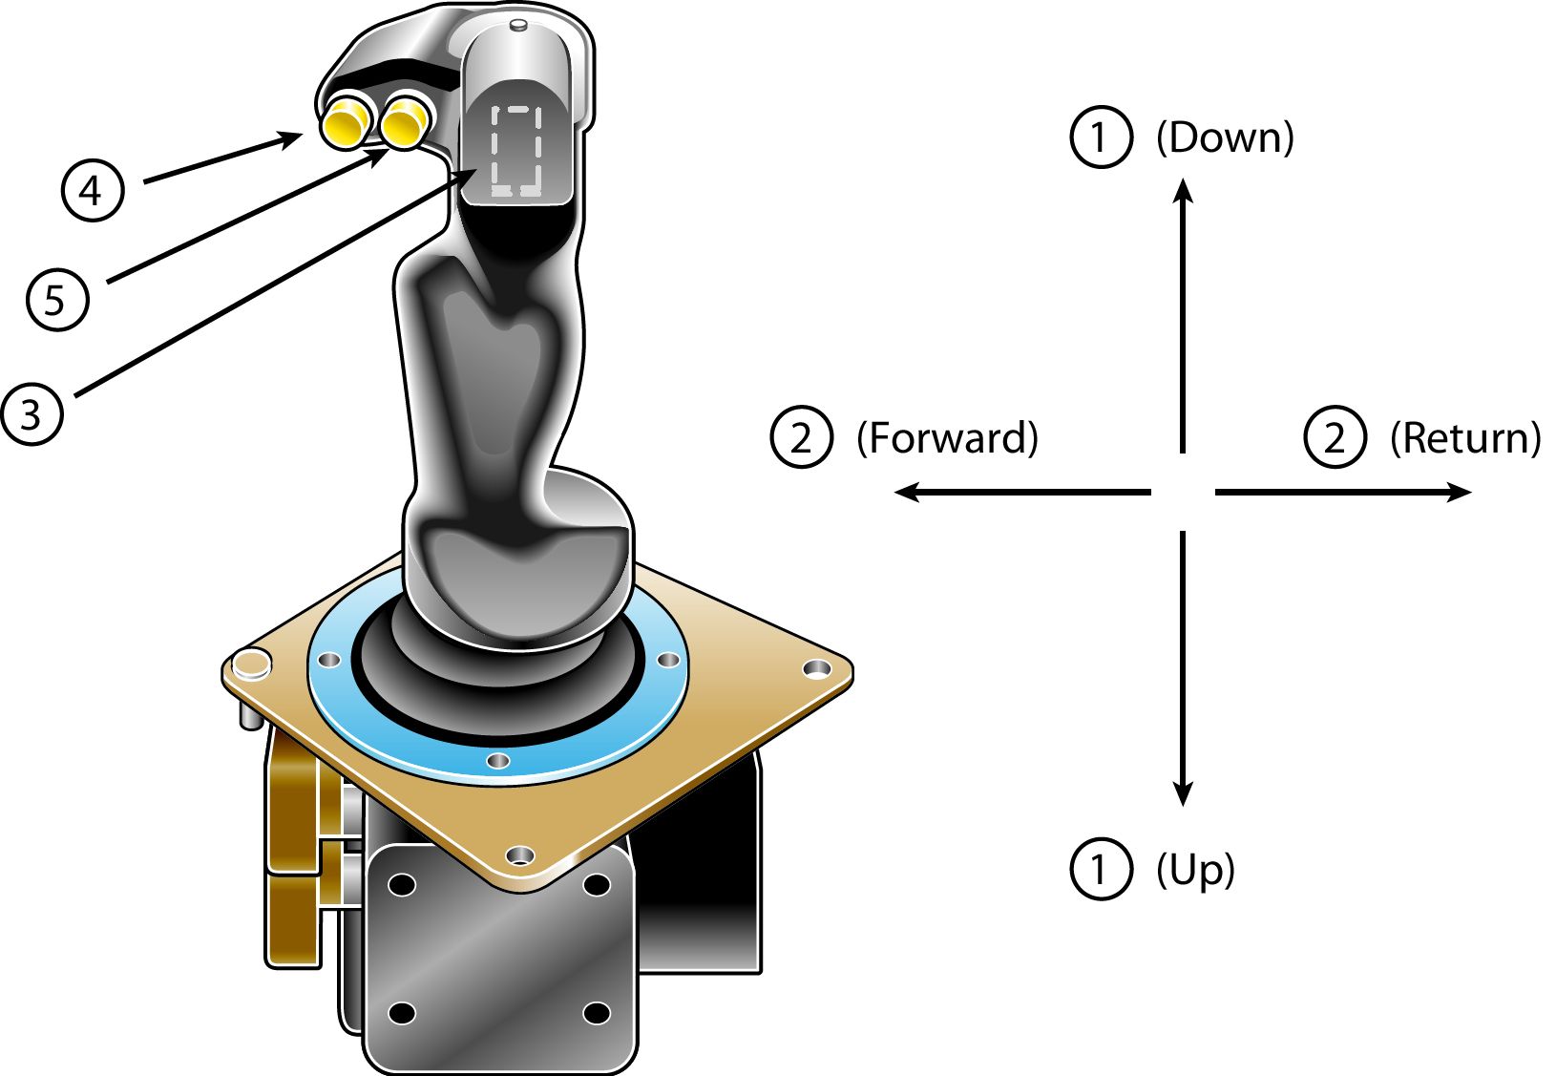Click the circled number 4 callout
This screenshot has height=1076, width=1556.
tap(93, 190)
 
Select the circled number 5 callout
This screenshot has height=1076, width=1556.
tap(57, 300)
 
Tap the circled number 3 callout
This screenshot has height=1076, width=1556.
tap(32, 414)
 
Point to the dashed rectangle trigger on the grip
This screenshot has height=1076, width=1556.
tap(515, 151)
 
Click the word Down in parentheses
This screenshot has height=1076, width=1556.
tap(1225, 138)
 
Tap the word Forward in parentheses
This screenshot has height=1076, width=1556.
tap(947, 438)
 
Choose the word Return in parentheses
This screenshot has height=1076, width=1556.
tap(1465, 438)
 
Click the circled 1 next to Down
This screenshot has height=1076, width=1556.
tap(1101, 137)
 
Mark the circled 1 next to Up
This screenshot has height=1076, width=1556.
tap(1101, 869)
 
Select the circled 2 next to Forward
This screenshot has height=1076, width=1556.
tap(801, 437)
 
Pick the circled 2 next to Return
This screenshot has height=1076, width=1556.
tap(1335, 437)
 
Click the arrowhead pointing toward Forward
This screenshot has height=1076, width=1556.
tap(905, 492)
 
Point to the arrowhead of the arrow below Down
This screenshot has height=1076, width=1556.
tap(1184, 190)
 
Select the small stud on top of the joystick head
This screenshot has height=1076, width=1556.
tap(519, 25)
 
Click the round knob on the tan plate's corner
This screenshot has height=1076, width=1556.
tap(252, 662)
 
